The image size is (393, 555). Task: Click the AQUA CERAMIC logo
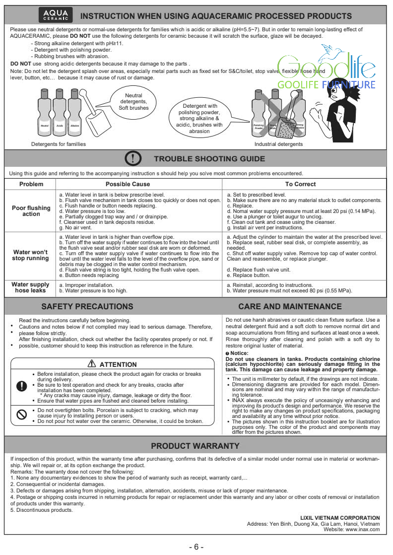[x=56, y=16]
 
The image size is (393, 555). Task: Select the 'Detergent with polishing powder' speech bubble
[x=199, y=118]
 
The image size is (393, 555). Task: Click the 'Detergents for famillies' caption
[x=59, y=144]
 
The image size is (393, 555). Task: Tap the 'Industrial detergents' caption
[x=278, y=144]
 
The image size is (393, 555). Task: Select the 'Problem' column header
[x=31, y=184]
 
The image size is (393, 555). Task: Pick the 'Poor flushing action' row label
[x=31, y=211]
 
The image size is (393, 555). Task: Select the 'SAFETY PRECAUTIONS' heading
[x=87, y=306]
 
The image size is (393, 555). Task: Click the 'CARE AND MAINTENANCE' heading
[x=290, y=306]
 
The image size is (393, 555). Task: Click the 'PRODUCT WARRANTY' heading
[x=195, y=446]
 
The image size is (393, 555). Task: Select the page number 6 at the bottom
[x=196, y=547]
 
